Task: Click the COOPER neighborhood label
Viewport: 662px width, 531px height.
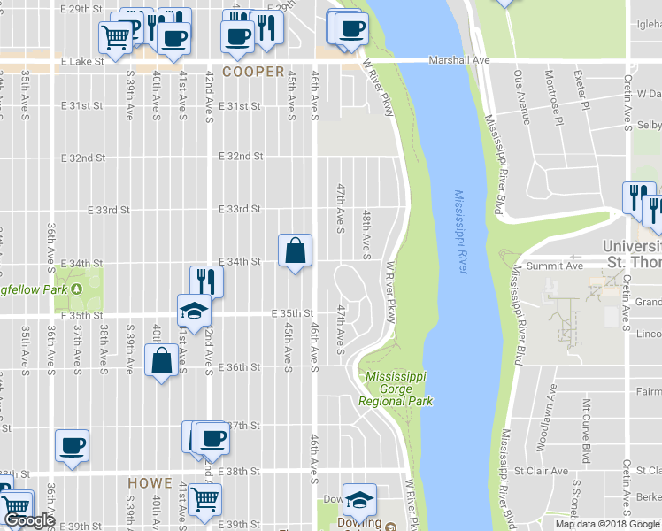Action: pyautogui.click(x=253, y=72)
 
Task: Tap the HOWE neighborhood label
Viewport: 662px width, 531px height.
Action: pyautogui.click(x=149, y=483)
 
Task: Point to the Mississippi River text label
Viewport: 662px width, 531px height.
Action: pyautogui.click(x=459, y=231)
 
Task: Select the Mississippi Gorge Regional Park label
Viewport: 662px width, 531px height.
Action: pyautogui.click(x=396, y=389)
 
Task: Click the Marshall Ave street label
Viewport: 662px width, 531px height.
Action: pyautogui.click(x=458, y=60)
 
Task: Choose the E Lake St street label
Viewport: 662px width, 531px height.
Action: pyautogui.click(x=83, y=62)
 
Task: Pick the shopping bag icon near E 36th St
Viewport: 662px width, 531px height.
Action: pyautogui.click(x=162, y=361)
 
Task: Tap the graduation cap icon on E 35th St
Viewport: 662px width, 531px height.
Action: pyautogui.click(x=193, y=311)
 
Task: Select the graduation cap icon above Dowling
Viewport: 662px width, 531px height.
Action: pyautogui.click(x=359, y=500)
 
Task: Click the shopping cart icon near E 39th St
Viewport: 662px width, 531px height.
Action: pyautogui.click(x=204, y=498)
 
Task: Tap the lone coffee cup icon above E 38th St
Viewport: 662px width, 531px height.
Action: pyautogui.click(x=72, y=445)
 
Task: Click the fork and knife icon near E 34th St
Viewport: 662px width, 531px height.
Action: pyautogui.click(x=205, y=281)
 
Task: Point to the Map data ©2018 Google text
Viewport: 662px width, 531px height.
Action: pyautogui.click(x=607, y=524)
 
